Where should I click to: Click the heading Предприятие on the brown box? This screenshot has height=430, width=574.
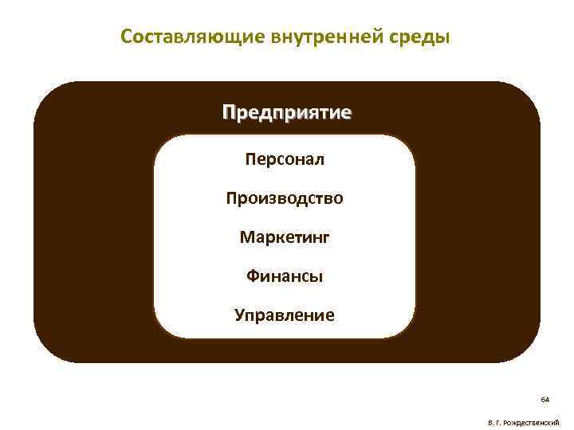286,111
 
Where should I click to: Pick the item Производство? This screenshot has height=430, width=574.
285,197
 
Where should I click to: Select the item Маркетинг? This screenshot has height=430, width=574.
285,236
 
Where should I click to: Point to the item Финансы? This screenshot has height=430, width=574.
285,276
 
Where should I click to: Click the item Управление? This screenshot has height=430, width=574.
285,315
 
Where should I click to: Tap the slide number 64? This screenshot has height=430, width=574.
545,398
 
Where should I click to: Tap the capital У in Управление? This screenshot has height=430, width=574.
239,315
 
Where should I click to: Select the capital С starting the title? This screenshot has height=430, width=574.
125,37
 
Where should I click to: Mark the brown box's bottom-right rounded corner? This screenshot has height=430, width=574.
526,350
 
